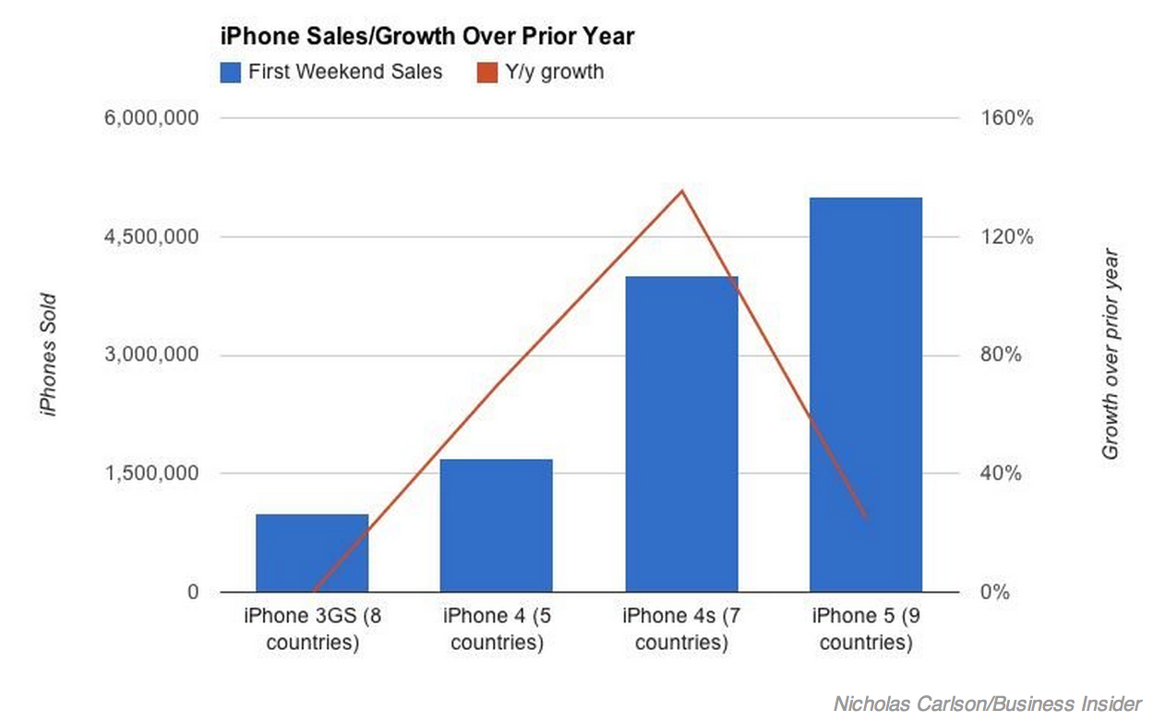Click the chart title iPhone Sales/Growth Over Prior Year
(426, 37)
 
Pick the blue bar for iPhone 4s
(681, 434)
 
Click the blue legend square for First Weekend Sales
(231, 72)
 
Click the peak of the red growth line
(681, 191)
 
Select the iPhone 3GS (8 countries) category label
(312, 629)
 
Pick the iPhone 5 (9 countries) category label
(865, 629)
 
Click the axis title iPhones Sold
(49, 355)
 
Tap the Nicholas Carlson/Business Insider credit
(988, 703)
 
